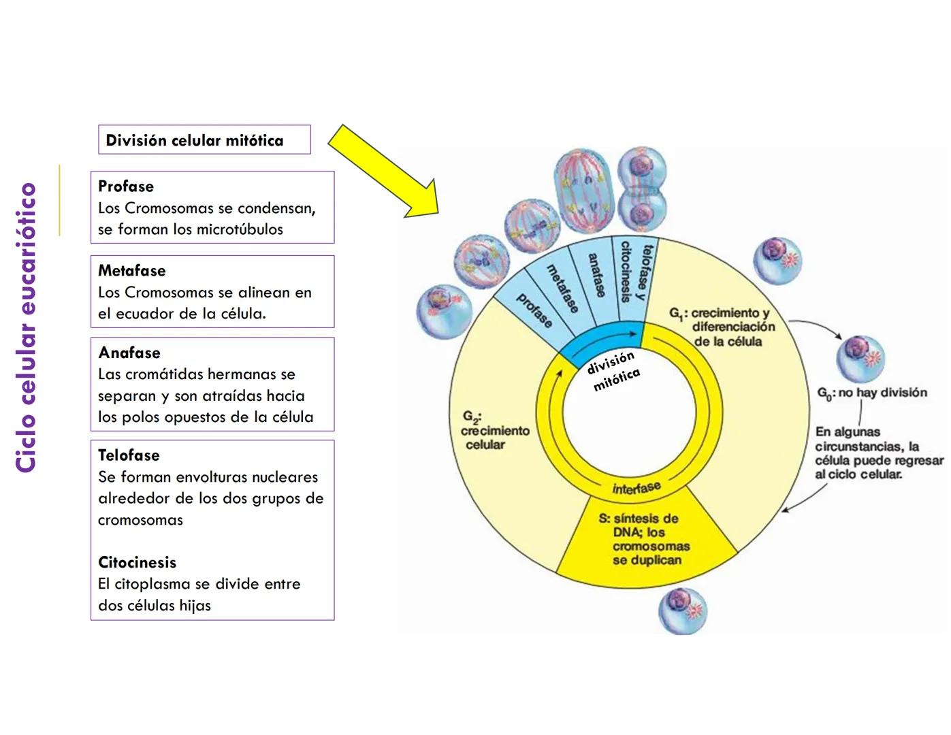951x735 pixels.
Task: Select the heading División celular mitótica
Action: click(x=195, y=140)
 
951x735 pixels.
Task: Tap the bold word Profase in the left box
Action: click(x=126, y=186)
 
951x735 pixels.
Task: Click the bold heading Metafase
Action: click(x=132, y=271)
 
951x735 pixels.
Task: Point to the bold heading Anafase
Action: click(x=129, y=353)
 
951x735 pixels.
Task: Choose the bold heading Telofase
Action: click(x=129, y=455)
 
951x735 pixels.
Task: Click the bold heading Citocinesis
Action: click(x=137, y=563)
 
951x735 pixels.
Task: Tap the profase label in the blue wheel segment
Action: click(x=534, y=310)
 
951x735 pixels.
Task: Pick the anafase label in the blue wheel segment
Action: click(x=596, y=275)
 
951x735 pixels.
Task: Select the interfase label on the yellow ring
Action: click(x=636, y=487)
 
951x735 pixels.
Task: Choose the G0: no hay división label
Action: click(x=871, y=393)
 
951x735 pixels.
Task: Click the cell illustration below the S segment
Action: click(x=683, y=610)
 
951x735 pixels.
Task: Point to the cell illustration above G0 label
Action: click(x=860, y=358)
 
